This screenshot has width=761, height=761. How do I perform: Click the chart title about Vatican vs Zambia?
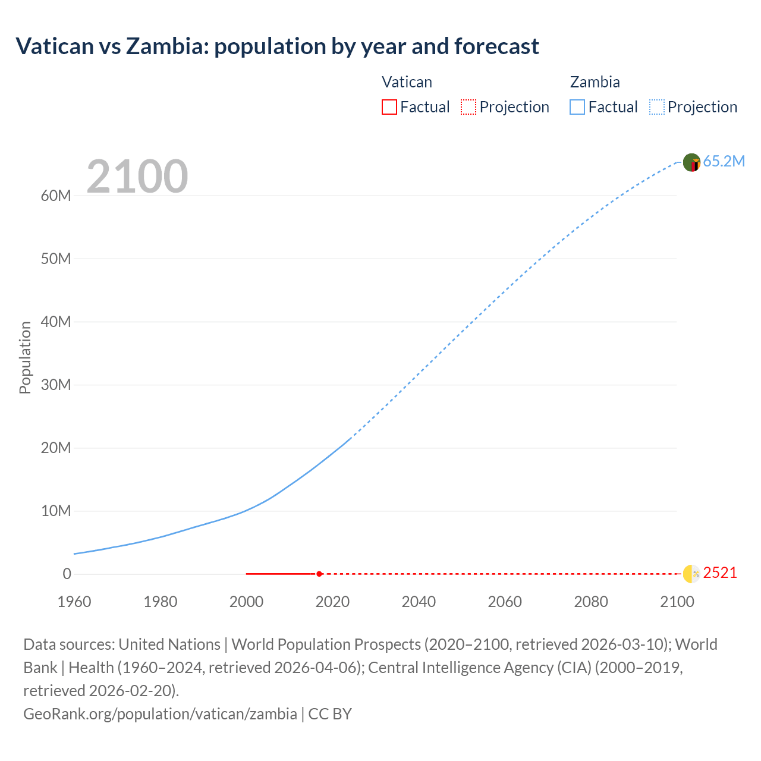(277, 46)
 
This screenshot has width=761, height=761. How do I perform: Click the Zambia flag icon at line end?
(691, 162)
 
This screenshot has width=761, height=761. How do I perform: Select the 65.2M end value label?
(724, 162)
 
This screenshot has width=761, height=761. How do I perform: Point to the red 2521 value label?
(720, 573)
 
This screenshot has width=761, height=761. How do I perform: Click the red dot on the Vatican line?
(319, 574)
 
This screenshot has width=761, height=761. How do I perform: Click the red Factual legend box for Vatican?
(389, 107)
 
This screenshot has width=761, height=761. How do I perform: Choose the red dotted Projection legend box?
(468, 107)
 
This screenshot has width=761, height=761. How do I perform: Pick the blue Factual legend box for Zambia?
(577, 107)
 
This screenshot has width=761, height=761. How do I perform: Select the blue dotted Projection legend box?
(656, 107)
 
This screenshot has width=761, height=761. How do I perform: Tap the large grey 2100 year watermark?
(137, 177)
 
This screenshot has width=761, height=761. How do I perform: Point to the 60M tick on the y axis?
(56, 196)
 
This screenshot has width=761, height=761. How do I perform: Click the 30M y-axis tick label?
(56, 385)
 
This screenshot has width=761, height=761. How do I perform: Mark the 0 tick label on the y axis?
(67, 574)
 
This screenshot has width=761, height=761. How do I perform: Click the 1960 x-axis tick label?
(74, 602)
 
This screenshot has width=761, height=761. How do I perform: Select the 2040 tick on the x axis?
(419, 602)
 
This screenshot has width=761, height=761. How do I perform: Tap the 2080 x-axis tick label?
(591, 602)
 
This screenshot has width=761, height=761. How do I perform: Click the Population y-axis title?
(25, 357)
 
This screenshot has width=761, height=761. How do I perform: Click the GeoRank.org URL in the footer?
(160, 714)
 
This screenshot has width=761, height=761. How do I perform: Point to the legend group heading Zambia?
(595, 82)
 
